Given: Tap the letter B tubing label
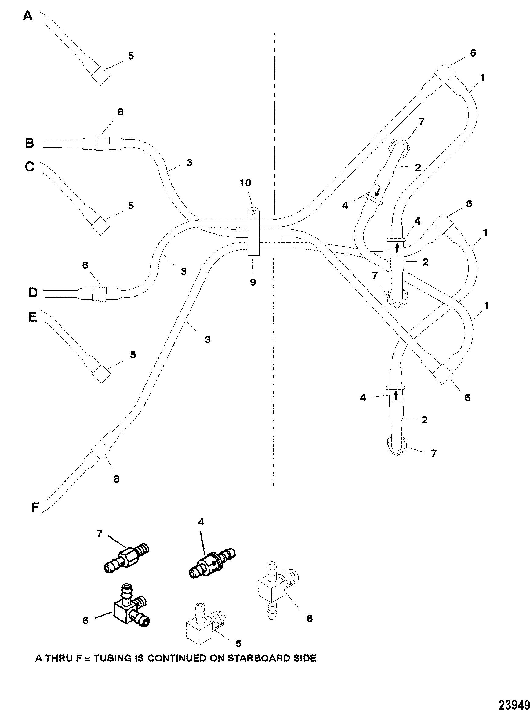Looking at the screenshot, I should point(30,143).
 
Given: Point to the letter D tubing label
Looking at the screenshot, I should point(33,293).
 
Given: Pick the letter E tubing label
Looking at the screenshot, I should point(33,317).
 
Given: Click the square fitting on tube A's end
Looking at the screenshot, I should point(101,76).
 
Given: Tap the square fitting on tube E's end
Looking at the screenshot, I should point(101,374).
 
